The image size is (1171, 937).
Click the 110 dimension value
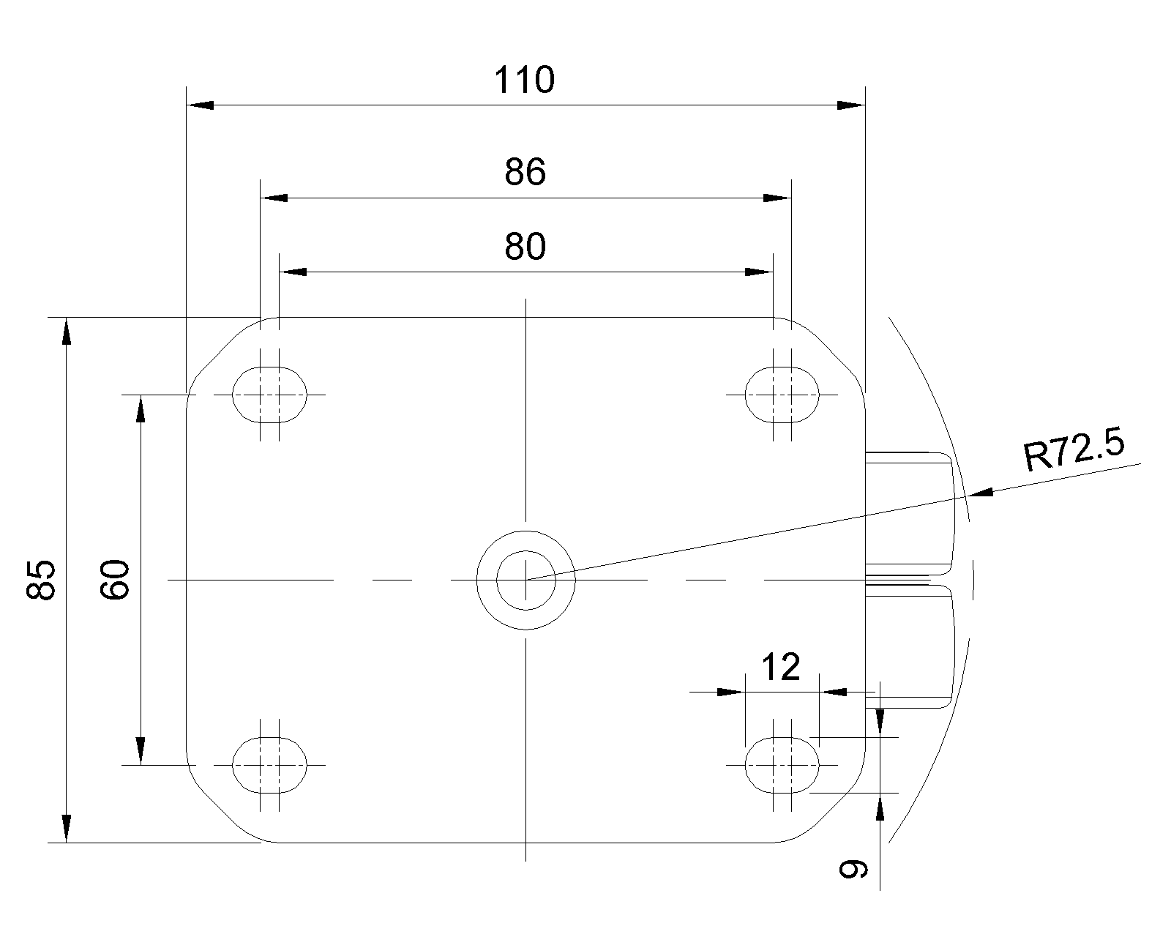point(524,80)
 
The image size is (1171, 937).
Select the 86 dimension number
point(525,172)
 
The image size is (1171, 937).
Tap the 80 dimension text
point(525,247)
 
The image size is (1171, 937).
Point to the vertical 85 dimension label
point(41,579)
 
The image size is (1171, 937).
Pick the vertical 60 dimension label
point(115,579)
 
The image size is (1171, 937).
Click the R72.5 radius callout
point(1074,450)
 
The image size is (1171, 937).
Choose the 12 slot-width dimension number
point(781,667)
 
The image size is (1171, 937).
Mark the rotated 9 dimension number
point(853,869)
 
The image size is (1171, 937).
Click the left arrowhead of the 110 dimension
point(200,105)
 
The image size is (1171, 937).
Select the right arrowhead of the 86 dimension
point(777,198)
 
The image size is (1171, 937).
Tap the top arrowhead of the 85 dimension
point(66,331)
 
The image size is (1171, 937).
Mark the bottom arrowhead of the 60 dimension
point(141,751)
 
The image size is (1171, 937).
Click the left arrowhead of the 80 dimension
point(293,272)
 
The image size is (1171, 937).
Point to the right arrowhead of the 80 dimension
point(759,272)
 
